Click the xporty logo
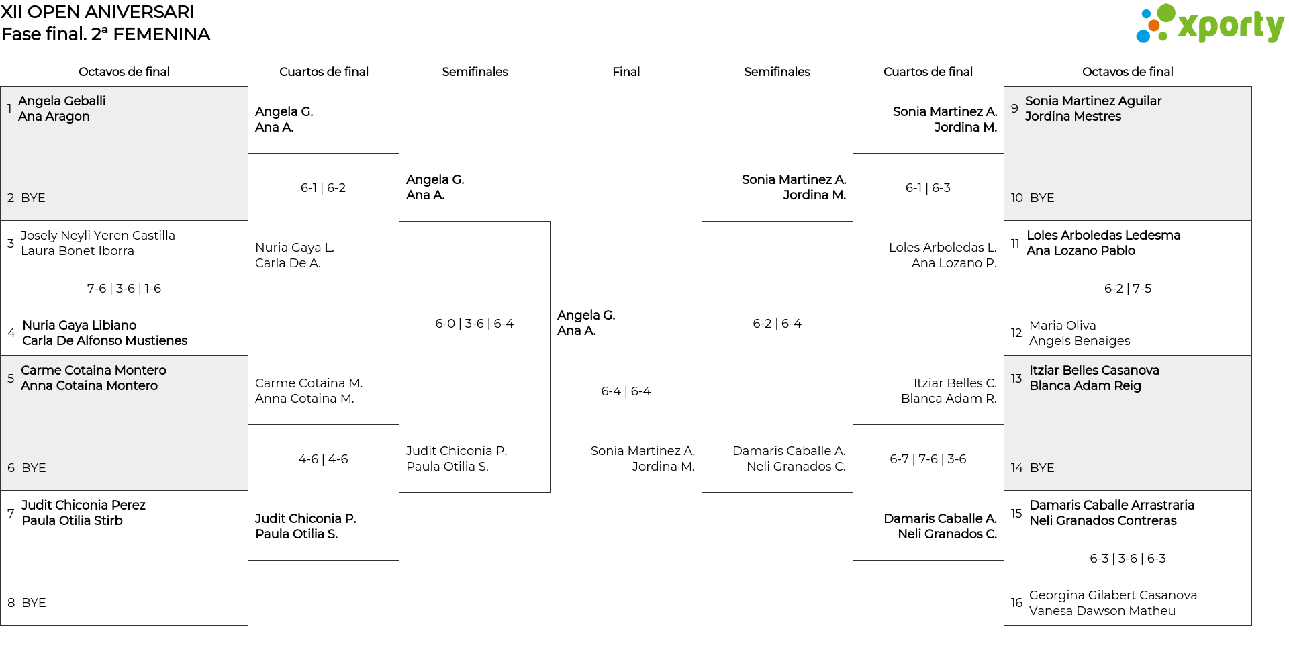[1210, 23]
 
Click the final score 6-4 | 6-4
[626, 391]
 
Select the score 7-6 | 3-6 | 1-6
[124, 289]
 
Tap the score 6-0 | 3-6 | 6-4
[475, 324]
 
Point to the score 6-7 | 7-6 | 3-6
[928, 459]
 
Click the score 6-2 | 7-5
[1128, 289]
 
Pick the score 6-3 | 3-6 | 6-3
[1128, 559]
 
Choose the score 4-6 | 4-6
[324, 459]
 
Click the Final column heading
[626, 72]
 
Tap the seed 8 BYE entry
[27, 603]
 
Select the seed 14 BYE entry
[1033, 468]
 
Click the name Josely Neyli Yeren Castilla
[98, 236]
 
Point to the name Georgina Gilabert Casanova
[1113, 595]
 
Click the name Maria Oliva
[1063, 326]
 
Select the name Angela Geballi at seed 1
[62, 101]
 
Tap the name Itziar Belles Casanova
[1094, 371]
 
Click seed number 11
[1015, 243]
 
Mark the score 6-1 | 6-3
[928, 188]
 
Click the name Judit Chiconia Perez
[83, 506]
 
